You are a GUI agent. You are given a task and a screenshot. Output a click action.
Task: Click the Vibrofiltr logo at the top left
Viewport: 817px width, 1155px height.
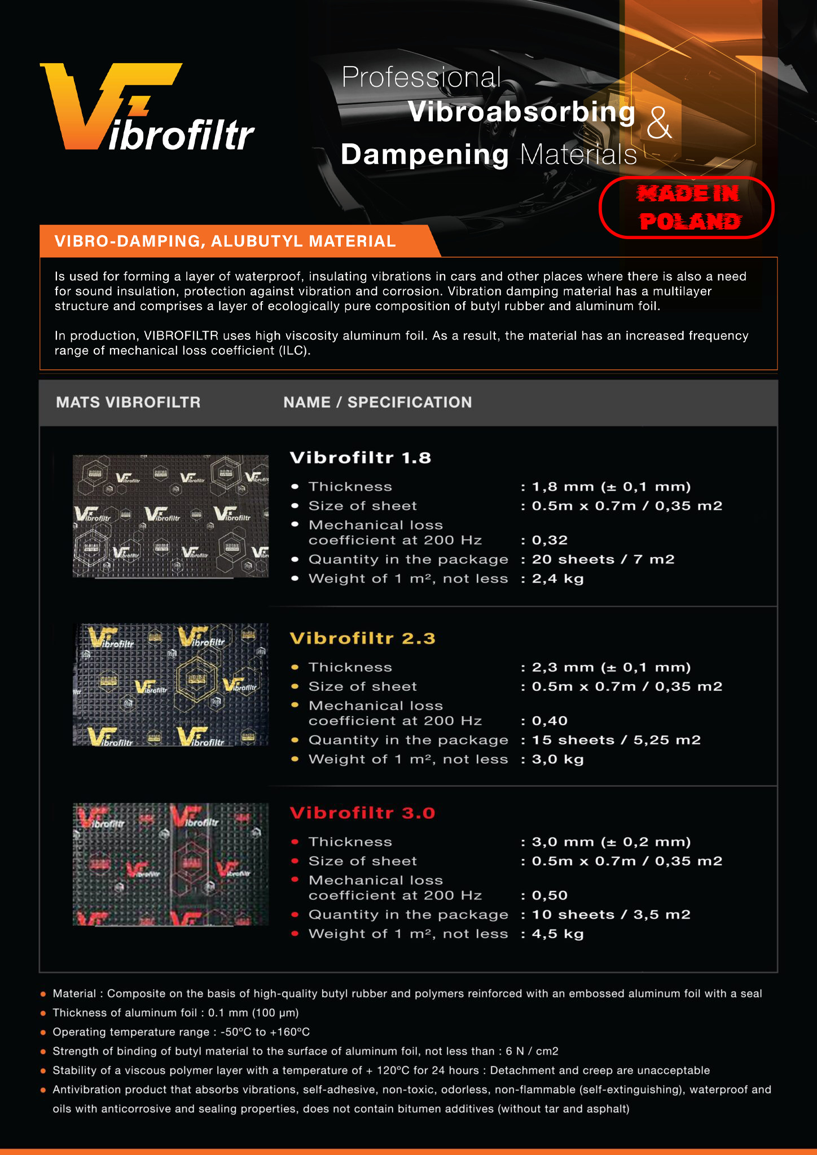[x=147, y=107]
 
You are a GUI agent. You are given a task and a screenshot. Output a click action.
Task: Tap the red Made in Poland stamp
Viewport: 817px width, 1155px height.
[x=687, y=208]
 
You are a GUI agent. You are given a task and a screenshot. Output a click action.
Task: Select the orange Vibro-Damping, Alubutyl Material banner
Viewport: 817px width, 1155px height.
[x=237, y=241]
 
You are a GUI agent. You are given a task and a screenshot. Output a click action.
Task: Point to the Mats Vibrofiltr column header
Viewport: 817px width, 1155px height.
[x=128, y=402]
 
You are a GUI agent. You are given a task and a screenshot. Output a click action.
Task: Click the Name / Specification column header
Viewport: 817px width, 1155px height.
[x=377, y=402]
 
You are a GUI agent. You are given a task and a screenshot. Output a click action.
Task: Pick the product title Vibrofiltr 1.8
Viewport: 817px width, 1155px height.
[x=361, y=457]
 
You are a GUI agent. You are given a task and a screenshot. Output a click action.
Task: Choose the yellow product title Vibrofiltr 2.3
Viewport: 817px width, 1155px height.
[x=362, y=638]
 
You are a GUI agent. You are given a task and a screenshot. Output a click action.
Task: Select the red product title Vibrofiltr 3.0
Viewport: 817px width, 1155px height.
[x=362, y=813]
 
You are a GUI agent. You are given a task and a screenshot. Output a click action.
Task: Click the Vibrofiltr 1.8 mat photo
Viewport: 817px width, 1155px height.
[x=170, y=516]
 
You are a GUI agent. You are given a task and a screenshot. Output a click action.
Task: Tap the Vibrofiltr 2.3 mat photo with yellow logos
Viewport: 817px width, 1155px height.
[x=170, y=685]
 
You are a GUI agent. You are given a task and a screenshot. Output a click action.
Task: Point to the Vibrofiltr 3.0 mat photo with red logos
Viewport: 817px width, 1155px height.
[x=170, y=865]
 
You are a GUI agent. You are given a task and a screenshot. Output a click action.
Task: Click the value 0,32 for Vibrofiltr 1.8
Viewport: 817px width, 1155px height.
[x=550, y=540]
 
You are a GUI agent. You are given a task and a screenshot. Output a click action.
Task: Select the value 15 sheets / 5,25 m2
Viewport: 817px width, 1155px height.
[x=616, y=740]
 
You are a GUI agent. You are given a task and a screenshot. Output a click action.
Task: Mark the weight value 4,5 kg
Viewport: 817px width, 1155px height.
[x=557, y=934]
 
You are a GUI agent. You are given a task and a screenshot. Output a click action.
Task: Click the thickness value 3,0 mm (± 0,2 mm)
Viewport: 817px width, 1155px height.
[x=611, y=842]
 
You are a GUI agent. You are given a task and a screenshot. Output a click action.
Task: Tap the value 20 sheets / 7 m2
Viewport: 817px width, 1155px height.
[x=603, y=559]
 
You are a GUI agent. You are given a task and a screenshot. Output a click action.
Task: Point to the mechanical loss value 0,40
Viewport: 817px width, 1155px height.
[x=550, y=721]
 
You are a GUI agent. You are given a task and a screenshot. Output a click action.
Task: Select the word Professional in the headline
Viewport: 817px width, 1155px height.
[x=421, y=77]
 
